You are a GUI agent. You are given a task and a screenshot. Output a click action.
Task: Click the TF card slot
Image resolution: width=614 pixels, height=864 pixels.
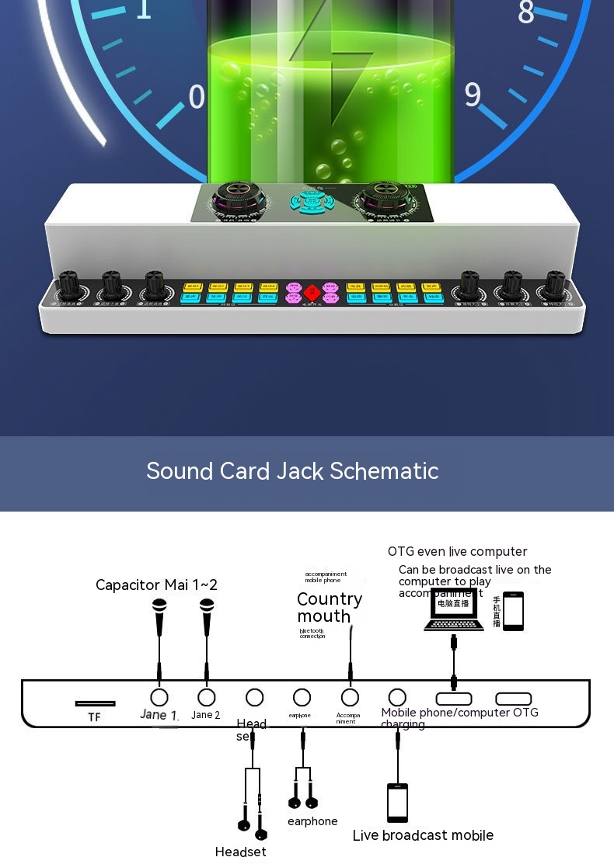[95, 703]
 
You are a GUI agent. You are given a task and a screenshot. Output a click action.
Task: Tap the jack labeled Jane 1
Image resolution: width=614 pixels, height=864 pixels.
[159, 696]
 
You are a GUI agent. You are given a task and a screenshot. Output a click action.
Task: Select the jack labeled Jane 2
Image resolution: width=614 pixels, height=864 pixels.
[206, 696]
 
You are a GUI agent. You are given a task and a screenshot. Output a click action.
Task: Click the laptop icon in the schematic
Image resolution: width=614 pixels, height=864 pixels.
[453, 610]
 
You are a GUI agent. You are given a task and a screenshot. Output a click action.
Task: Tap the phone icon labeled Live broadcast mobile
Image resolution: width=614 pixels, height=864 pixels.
[397, 802]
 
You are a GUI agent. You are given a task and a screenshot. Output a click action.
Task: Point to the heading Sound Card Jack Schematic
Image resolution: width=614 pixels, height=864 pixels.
[292, 471]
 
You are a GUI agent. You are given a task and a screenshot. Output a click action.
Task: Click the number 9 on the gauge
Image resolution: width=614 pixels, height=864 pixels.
[473, 95]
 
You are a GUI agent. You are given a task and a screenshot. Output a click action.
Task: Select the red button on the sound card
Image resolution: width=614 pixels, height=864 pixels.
[312, 293]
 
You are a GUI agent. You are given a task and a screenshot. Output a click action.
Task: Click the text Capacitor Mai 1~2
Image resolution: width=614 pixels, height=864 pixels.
[156, 585]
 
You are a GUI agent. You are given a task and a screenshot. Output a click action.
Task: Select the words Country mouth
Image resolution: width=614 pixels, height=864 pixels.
[329, 607]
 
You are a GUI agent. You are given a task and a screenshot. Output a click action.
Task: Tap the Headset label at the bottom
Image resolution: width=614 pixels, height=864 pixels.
[240, 852]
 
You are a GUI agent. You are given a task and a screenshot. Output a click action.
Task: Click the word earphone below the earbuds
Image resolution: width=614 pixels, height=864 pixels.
[312, 821]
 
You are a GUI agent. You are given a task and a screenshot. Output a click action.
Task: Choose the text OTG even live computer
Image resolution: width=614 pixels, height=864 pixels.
[457, 552]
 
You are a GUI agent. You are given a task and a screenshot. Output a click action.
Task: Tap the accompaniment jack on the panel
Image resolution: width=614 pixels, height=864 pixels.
[350, 696]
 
